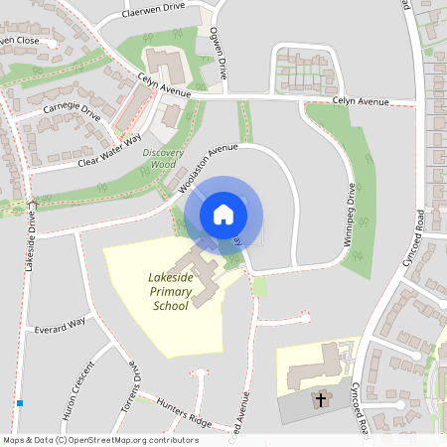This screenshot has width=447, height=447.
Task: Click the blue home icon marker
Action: (x=223, y=214)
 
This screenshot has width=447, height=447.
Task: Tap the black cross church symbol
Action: (x=320, y=400)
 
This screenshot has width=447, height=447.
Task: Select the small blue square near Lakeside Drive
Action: (x=20, y=403)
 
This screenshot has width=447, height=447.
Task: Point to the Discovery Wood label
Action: (x=165, y=159)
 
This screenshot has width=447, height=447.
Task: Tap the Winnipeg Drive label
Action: (x=351, y=224)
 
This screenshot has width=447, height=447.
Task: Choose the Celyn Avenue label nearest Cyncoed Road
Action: (x=358, y=100)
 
